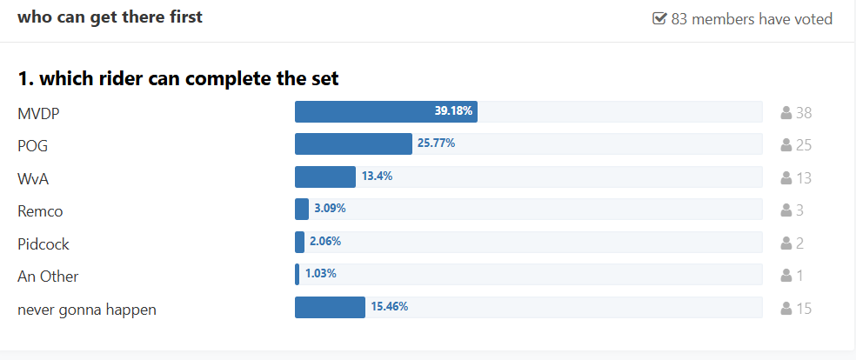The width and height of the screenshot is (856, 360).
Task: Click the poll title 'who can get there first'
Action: click(110, 17)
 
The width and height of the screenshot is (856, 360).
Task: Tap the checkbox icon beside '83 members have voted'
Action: click(659, 18)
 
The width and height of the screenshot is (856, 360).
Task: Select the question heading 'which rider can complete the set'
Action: click(177, 78)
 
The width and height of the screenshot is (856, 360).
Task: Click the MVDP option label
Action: click(38, 113)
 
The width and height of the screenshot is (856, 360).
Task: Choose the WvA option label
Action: click(33, 178)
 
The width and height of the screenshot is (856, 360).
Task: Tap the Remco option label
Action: click(40, 210)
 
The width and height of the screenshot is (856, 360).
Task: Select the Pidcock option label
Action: click(43, 243)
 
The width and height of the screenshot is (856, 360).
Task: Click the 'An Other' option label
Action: click(48, 276)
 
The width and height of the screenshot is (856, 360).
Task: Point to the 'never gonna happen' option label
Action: click(87, 309)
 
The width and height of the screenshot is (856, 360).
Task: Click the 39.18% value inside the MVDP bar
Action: click(453, 111)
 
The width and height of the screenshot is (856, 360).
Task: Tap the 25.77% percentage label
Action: click(436, 143)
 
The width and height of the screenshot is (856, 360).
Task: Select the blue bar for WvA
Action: click(325, 177)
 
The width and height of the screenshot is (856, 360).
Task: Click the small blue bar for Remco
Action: click(302, 209)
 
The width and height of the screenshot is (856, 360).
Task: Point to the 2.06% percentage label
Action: click(325, 242)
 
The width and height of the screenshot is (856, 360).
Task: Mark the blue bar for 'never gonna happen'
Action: click(330, 307)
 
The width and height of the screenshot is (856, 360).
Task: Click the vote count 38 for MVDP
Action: click(803, 113)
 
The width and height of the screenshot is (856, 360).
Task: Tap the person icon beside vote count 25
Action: click(786, 145)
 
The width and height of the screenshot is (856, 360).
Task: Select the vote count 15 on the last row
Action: click(803, 309)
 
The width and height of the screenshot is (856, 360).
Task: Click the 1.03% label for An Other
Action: click(320, 274)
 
